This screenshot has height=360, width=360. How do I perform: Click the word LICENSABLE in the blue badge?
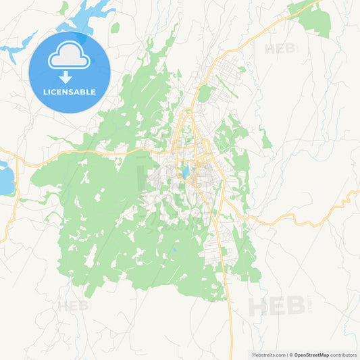[70, 91]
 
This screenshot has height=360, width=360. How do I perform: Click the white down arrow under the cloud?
[66, 76]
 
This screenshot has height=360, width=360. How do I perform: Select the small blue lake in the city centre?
[184, 172]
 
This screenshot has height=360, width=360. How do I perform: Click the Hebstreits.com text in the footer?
[267, 355]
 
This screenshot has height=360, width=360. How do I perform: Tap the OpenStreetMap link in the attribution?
[311, 355]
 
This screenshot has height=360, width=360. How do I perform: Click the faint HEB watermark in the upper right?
[280, 49]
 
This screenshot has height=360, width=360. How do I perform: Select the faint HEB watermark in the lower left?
[72, 306]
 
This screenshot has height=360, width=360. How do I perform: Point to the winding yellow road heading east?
[317, 213]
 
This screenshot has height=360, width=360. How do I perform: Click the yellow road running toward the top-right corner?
[270, 30]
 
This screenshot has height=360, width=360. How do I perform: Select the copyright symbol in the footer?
[291, 355]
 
